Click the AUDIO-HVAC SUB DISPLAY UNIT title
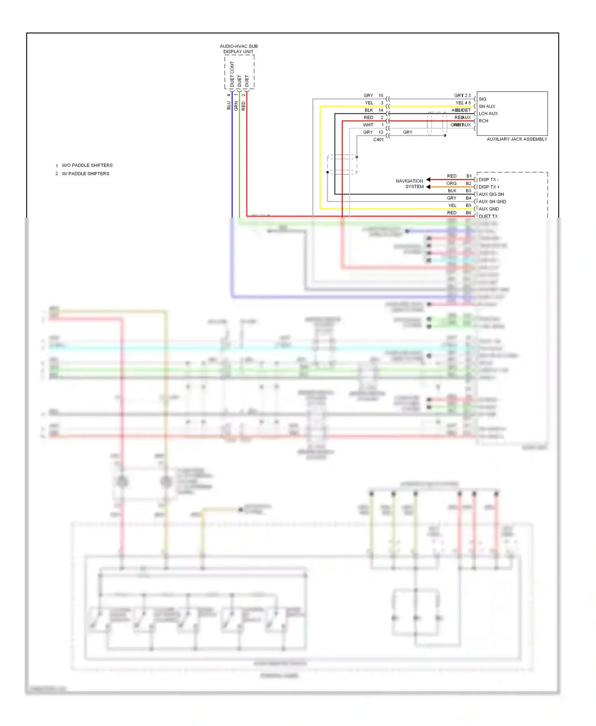point(238,49)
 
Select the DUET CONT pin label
point(232,74)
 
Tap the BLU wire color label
point(228,105)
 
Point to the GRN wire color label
point(236,106)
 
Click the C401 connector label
point(378,140)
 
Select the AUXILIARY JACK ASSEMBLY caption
point(517,139)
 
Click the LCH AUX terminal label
point(488,114)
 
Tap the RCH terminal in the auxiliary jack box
point(483,121)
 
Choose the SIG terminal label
point(482,99)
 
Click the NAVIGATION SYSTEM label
point(410,183)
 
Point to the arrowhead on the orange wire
point(428,187)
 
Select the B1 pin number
point(469,176)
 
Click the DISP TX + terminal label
point(489,187)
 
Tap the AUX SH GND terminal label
point(492,201)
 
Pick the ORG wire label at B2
point(451,183)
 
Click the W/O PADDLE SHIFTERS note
point(87,165)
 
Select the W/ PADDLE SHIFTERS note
point(85,174)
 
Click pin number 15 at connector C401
point(381,95)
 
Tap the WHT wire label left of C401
point(368,125)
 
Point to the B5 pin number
point(468,205)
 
